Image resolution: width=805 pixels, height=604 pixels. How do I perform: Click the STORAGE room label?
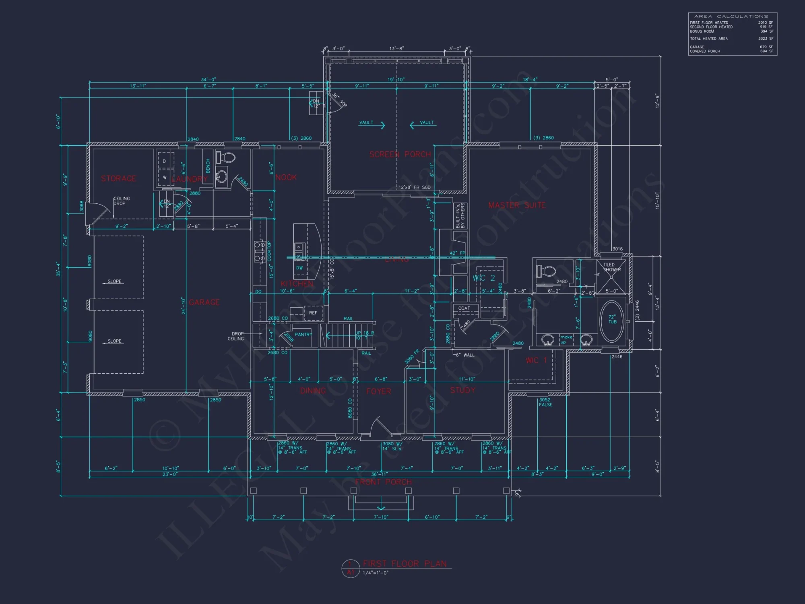click(118, 178)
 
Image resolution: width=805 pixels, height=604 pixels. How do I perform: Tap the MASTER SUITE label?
click(517, 205)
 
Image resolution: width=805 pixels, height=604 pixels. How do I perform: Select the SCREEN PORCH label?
click(400, 154)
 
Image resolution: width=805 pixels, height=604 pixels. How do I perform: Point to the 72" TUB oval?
click(612, 321)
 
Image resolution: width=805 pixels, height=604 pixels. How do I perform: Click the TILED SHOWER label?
click(611, 267)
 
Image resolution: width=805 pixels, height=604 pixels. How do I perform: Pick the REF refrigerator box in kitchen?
click(313, 313)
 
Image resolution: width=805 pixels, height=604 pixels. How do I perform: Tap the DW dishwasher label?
click(299, 268)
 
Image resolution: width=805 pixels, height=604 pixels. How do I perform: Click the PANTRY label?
click(303, 335)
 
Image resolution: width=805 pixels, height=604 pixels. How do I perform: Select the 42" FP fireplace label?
click(457, 253)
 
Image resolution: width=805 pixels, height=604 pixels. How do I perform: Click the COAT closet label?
click(464, 308)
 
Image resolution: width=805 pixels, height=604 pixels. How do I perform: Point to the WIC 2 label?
click(483, 278)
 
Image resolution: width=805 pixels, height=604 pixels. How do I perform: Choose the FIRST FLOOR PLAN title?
click(405, 564)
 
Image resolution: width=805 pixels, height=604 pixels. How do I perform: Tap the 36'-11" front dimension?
click(379, 474)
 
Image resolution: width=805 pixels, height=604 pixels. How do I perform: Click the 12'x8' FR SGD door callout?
click(414, 187)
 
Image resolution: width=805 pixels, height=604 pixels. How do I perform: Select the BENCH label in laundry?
click(208, 166)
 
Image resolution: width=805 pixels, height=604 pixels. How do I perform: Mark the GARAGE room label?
click(204, 302)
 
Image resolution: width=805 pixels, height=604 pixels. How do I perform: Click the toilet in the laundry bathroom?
click(226, 157)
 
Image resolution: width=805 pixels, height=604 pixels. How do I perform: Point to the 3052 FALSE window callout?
click(545, 402)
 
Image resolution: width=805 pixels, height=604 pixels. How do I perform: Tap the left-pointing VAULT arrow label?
click(423, 123)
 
